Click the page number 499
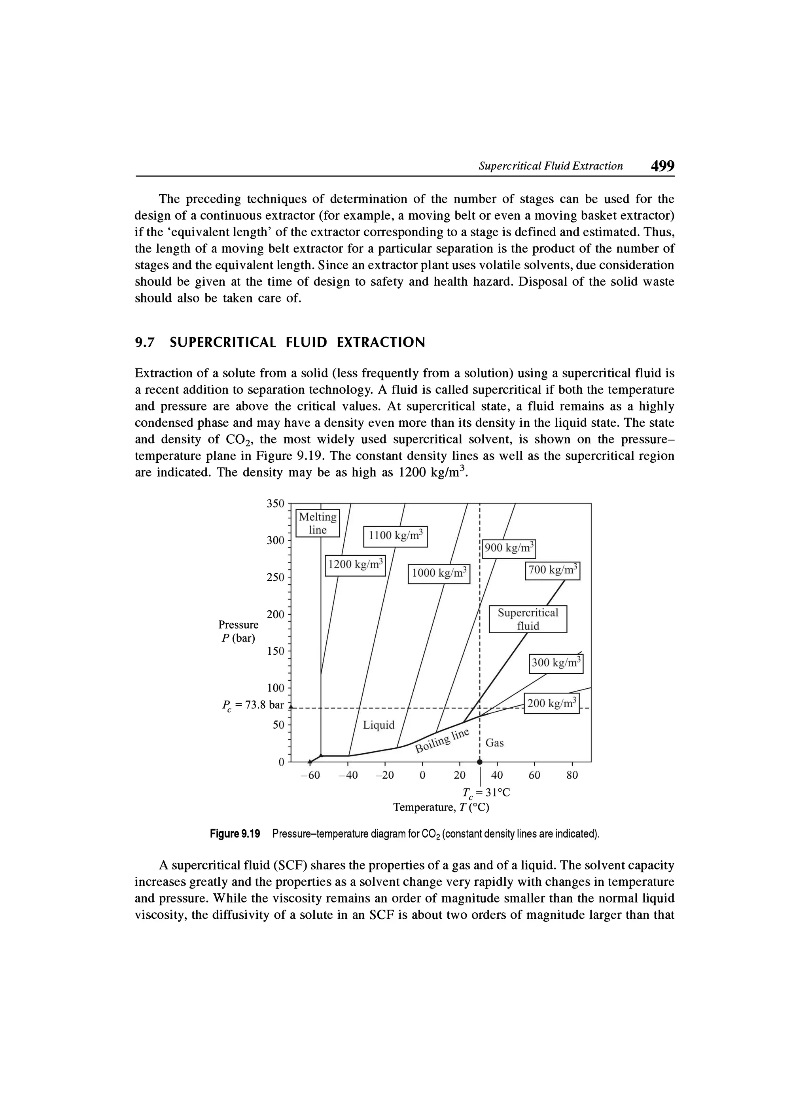click(662, 166)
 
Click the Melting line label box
click(318, 523)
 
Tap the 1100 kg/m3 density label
click(396, 536)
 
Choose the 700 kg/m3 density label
click(553, 571)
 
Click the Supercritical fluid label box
click(528, 619)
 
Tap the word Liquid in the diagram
click(379, 725)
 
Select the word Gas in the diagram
click(495, 743)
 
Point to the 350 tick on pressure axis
click(276, 503)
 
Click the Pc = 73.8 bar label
click(254, 705)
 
